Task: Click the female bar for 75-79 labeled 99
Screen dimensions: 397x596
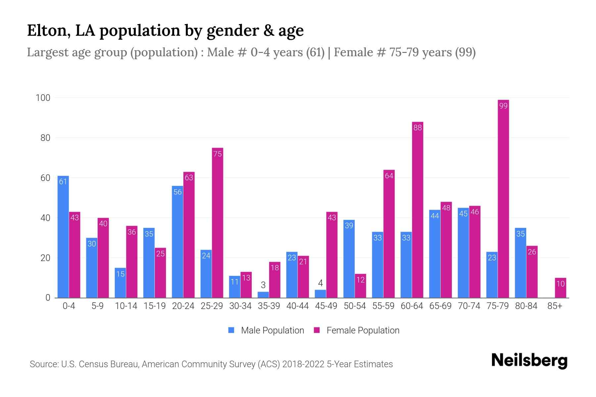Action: (x=503, y=198)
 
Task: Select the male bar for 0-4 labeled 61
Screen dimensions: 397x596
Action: (x=63, y=237)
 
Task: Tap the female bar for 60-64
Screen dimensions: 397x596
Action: (x=418, y=210)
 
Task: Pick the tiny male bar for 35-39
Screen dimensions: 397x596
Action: (x=263, y=295)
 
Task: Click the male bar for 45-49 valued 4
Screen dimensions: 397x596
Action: (x=320, y=294)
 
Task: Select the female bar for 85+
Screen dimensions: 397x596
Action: (x=561, y=288)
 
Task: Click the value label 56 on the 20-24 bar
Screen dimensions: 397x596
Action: (x=177, y=192)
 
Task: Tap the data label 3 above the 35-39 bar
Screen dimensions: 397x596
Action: (x=263, y=285)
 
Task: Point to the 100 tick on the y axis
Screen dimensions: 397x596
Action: (x=43, y=98)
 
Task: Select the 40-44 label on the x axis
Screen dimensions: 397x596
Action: (x=297, y=306)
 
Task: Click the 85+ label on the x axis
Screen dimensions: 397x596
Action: (x=555, y=306)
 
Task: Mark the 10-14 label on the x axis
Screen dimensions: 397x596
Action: (x=126, y=306)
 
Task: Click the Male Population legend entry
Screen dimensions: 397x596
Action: (x=266, y=330)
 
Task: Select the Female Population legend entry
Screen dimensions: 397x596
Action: (x=357, y=330)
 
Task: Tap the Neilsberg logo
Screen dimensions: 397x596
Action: (x=529, y=361)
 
